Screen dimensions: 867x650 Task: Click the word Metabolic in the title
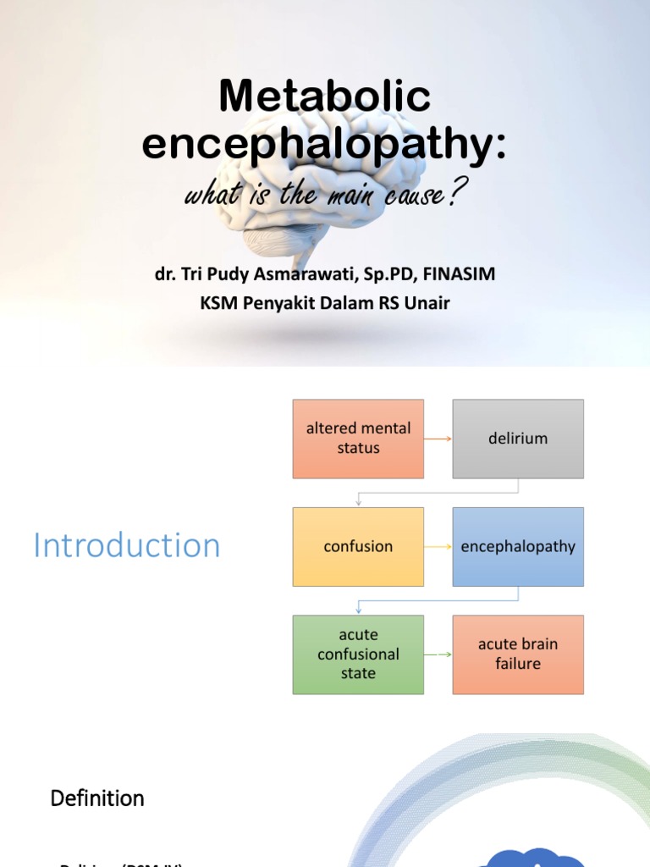click(325, 97)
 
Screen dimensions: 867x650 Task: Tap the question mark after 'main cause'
click(453, 194)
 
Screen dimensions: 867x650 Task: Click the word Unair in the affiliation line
click(428, 302)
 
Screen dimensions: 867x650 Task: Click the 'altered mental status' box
click(358, 439)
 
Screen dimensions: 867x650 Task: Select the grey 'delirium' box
click(518, 439)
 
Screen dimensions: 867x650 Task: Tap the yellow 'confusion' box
click(358, 546)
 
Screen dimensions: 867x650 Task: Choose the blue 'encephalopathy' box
click(518, 546)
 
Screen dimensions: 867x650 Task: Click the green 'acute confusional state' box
click(358, 654)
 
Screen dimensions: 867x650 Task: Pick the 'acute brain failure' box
click(518, 654)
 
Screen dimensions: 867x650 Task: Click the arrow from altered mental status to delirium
click(438, 439)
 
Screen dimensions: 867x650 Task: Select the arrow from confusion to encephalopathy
click(438, 546)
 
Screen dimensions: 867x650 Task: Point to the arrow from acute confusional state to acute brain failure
click(438, 654)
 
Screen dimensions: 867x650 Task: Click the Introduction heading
click(127, 545)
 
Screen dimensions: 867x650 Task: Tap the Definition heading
click(97, 798)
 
